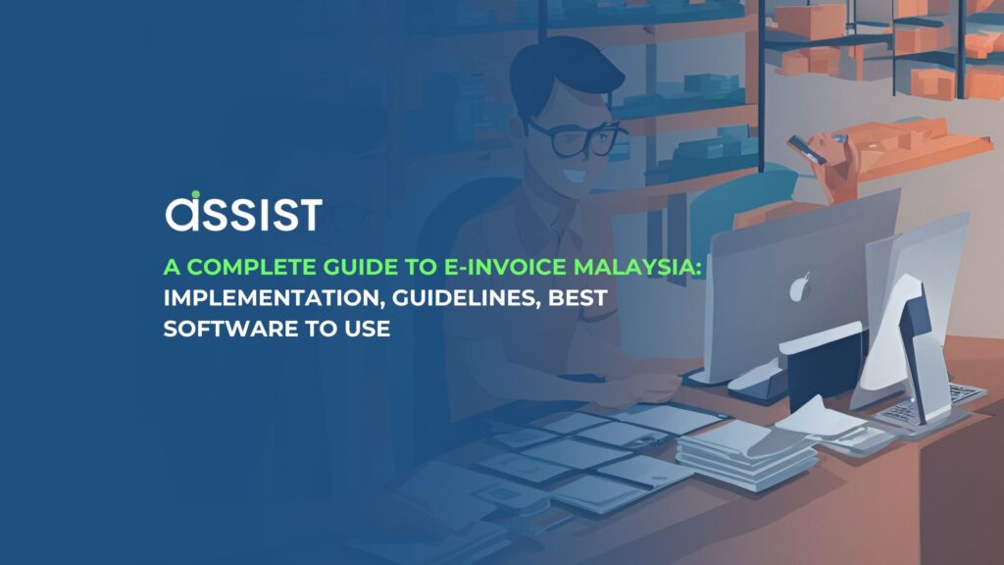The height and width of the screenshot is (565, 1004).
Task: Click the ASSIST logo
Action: (x=242, y=213)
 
